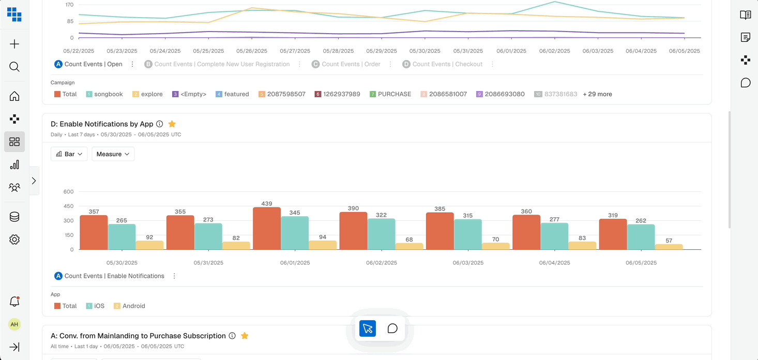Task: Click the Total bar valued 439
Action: (x=267, y=229)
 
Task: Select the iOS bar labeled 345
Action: (x=295, y=233)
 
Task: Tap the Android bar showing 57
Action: (x=669, y=247)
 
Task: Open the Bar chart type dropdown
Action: (x=69, y=154)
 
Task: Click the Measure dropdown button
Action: (x=113, y=154)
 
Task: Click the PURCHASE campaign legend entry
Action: (x=390, y=94)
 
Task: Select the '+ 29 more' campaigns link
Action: (x=597, y=94)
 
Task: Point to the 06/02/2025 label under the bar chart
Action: (x=382, y=263)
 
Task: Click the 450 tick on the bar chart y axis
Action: (x=68, y=206)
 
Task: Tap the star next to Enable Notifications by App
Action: (x=172, y=124)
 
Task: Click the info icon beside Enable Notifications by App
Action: (x=160, y=124)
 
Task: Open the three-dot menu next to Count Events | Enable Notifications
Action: (x=174, y=276)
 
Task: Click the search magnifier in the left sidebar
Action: (x=14, y=67)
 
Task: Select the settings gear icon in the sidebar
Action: (x=14, y=239)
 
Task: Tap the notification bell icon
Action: (x=14, y=302)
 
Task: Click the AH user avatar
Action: (x=14, y=324)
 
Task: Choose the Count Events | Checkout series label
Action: (x=447, y=64)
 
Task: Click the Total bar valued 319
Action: (x=613, y=234)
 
